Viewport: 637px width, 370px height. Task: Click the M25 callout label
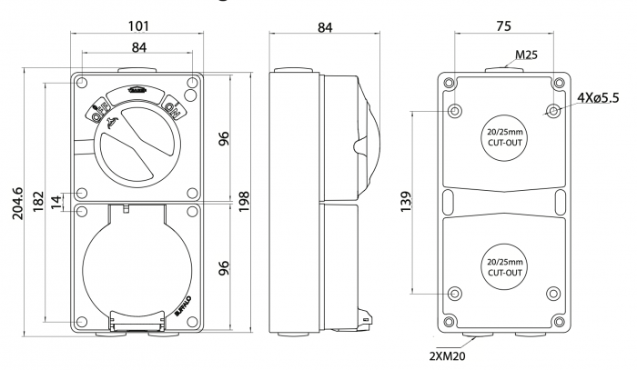(526, 55)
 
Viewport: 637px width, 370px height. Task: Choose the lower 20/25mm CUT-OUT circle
(503, 265)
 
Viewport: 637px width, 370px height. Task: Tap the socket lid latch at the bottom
(127, 321)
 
